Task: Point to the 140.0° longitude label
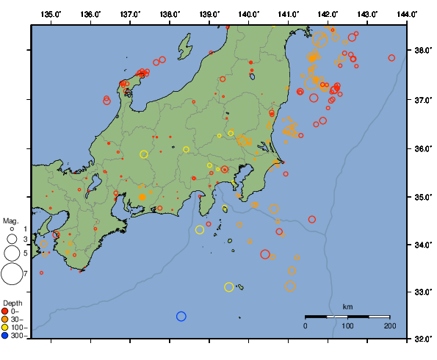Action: [x=249, y=15]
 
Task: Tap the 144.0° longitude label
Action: [x=408, y=15]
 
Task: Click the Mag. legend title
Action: [x=10, y=220]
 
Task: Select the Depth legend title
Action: [x=12, y=303]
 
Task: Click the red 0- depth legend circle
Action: [x=5, y=312]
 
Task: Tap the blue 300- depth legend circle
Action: [x=5, y=336]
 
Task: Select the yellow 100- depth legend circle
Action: [x=5, y=328]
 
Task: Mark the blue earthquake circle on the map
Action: [x=181, y=316]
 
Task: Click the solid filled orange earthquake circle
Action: [x=142, y=197]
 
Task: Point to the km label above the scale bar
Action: [x=347, y=306]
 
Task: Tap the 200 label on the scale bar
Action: [x=389, y=325]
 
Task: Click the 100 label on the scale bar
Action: [x=347, y=325]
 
